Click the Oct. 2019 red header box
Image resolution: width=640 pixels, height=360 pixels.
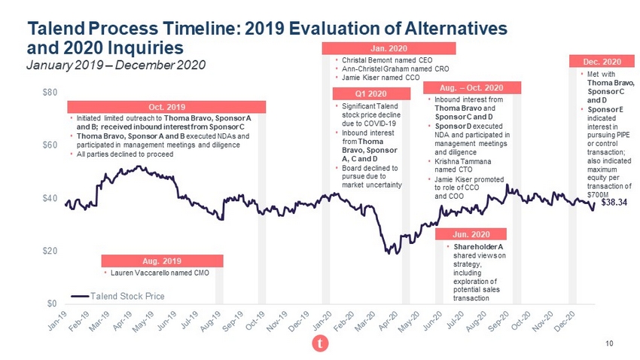click(x=163, y=106)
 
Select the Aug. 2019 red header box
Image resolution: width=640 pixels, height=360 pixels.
click(x=163, y=261)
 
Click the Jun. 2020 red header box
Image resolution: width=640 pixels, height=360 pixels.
click(x=472, y=233)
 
